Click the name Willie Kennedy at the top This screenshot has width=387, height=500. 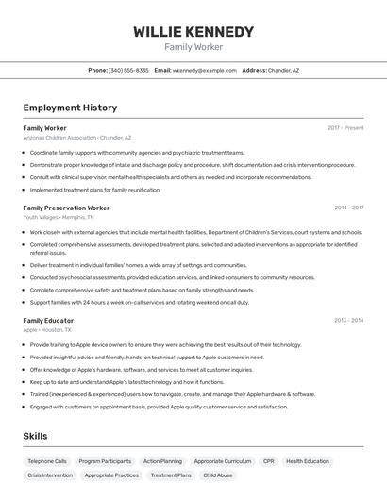click(193, 31)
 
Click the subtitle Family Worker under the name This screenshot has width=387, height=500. click(193, 47)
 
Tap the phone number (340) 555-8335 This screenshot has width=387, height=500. click(128, 70)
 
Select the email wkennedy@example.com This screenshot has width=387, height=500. click(205, 70)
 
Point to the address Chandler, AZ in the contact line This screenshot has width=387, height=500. click(283, 70)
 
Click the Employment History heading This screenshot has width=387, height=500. click(70, 108)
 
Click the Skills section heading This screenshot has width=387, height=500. click(35, 436)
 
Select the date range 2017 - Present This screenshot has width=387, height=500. click(345, 127)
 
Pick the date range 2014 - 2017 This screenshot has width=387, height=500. click(348, 208)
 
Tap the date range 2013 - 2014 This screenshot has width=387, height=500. click(348, 321)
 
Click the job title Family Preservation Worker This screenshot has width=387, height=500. click(66, 208)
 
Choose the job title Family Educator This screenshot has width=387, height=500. click(48, 321)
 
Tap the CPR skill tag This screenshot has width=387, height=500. click(268, 461)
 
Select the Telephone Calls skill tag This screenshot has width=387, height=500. click(47, 461)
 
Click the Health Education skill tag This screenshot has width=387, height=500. click(308, 461)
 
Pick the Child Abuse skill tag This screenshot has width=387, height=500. click(218, 475)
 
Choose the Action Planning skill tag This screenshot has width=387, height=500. click(162, 461)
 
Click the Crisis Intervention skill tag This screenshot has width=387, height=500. click(50, 475)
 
